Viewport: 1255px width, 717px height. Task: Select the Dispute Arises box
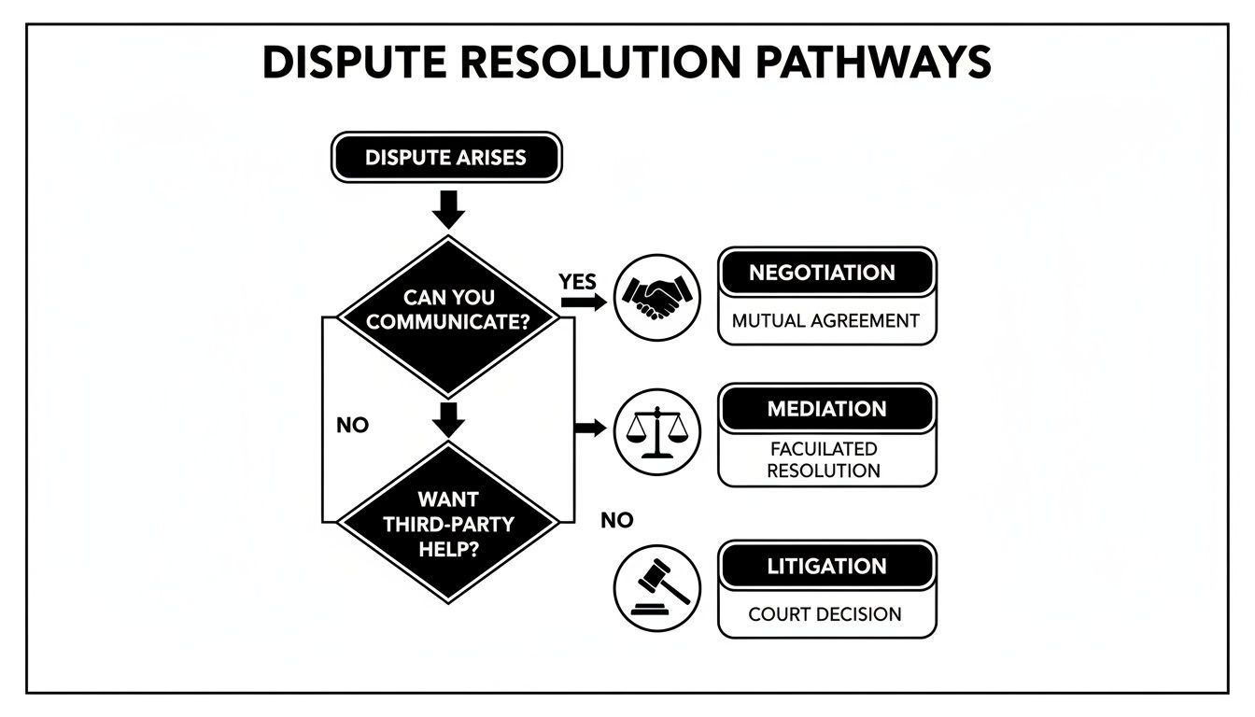coord(446,158)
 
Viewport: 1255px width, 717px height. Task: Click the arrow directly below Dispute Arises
coord(449,210)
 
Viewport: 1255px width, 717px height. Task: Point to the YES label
coord(577,281)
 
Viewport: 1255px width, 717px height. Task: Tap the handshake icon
coord(657,297)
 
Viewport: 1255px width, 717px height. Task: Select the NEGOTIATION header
coord(826,274)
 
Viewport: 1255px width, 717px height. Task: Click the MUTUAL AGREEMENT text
coord(826,320)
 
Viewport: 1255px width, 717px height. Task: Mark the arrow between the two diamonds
coord(449,420)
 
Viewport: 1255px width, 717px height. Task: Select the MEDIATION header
coord(826,409)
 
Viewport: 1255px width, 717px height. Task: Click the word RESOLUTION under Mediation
coord(824,471)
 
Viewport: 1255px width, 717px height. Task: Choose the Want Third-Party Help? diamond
coord(449,524)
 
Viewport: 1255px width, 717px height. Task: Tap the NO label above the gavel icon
coord(617,521)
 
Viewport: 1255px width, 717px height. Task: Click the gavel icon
coord(657,587)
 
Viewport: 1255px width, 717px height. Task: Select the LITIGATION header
coord(826,567)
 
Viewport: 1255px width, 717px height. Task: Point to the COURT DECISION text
coord(825,614)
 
